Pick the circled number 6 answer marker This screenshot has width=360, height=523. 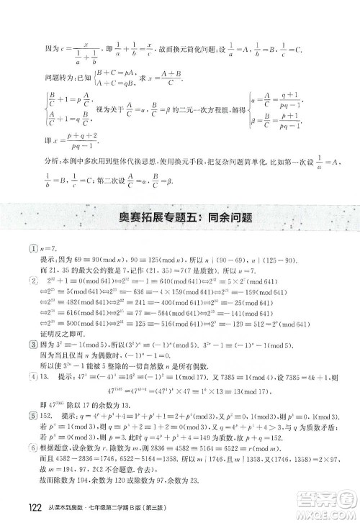[x=24, y=447]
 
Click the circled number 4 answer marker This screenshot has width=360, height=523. [x=24, y=375]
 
